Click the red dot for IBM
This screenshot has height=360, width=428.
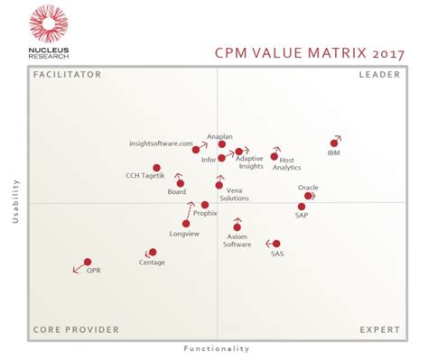pos(334,143)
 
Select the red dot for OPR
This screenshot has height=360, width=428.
pos(88,262)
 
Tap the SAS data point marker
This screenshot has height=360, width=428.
pos(276,244)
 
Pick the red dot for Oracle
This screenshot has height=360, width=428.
pos(308,195)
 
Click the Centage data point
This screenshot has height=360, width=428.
pos(152,253)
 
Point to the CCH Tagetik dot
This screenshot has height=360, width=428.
pos(156,167)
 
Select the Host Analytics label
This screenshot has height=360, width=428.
pos(286,164)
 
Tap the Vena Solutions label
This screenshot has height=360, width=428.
pos(234,194)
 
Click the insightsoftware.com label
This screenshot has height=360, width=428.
pos(161,143)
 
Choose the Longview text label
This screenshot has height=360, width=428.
pos(184,234)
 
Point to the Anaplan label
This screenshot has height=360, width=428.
pos(219,136)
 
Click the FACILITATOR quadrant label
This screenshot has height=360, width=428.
pos(67,75)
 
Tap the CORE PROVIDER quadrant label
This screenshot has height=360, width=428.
pos(76,330)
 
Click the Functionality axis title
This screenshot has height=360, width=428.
pos(217,348)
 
